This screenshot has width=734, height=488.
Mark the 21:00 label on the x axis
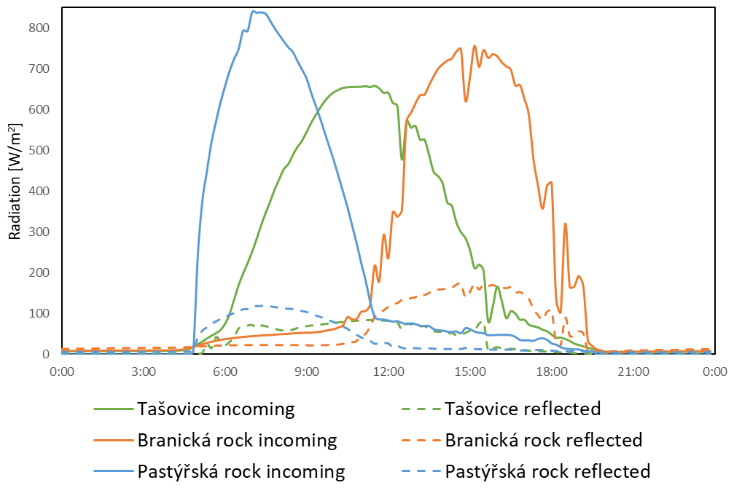tap(633, 371)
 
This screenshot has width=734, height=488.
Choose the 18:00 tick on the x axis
tap(551, 371)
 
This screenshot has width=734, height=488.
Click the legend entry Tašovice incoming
tap(216, 409)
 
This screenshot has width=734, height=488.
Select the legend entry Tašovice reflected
tap(523, 409)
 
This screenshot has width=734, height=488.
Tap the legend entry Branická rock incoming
tap(237, 441)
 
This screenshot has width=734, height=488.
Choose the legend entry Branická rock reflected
tap(543, 441)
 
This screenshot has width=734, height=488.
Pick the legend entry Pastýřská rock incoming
tap(241, 472)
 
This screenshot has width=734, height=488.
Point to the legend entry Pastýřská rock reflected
tap(547, 472)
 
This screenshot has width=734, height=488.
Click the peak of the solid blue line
tap(254, 12)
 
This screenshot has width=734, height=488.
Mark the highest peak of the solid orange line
tap(475, 46)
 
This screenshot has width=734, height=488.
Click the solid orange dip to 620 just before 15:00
tap(466, 101)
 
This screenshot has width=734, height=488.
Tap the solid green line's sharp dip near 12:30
tap(402, 159)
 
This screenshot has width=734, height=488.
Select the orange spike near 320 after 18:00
tap(566, 224)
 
